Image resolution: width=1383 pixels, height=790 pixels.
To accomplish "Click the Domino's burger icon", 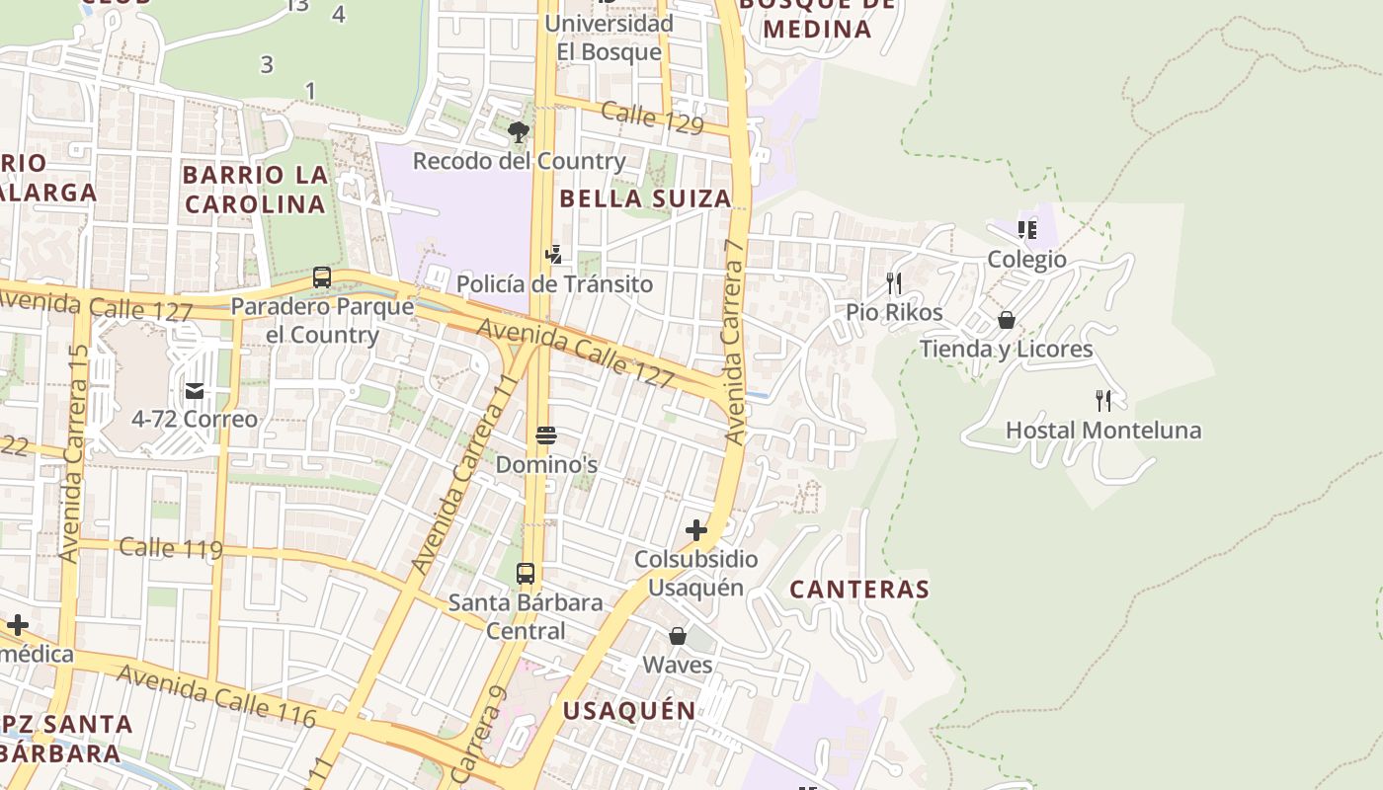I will (546, 435).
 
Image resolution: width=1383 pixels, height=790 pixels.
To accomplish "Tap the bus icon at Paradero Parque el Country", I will (322, 277).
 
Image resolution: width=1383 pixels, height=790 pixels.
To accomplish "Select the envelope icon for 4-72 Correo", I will (195, 391).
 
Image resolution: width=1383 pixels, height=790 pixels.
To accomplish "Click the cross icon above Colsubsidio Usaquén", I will (696, 530).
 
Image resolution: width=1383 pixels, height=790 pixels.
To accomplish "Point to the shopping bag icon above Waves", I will (678, 636).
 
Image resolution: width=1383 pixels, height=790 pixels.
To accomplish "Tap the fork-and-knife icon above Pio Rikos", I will (894, 283).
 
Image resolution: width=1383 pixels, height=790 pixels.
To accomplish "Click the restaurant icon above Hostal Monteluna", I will (1103, 401).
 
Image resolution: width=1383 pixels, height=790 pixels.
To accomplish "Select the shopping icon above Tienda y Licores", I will (1007, 320).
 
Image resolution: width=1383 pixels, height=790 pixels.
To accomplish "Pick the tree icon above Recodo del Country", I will (518, 131).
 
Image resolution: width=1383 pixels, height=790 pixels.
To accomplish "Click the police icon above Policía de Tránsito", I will (554, 255).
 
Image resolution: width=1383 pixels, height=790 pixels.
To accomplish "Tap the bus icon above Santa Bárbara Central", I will (526, 573).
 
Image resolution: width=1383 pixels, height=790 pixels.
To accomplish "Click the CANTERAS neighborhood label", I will (859, 590).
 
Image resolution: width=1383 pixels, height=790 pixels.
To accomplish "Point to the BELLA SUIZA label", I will (645, 198).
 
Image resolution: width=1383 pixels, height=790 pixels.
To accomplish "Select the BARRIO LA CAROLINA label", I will (255, 190).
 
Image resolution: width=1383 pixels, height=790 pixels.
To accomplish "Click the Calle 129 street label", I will (652, 118).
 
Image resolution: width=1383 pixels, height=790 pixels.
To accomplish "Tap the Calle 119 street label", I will (170, 548).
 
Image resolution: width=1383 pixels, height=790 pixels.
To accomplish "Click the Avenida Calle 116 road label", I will (216, 695).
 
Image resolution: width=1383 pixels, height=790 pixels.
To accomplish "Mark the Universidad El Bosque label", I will (609, 37).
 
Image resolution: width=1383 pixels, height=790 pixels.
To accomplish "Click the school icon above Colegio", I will (1027, 230).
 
